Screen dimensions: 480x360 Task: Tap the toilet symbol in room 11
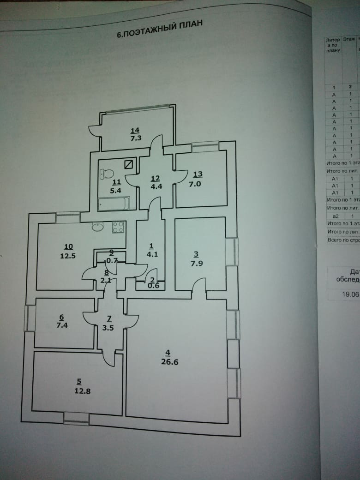click(x=107, y=174)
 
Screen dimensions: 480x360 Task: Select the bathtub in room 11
click(x=114, y=203)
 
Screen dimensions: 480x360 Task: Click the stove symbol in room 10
click(x=118, y=227)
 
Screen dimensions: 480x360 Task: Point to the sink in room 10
click(x=98, y=227)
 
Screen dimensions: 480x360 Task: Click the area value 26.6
click(x=170, y=362)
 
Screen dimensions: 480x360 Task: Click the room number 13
click(x=198, y=174)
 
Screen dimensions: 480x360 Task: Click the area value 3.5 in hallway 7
click(x=109, y=327)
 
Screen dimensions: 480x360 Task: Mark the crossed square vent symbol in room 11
click(x=130, y=164)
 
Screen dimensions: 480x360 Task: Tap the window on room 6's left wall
click(x=30, y=318)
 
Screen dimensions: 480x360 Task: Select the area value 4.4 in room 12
click(x=155, y=187)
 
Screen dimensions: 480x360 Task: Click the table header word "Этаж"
click(x=349, y=40)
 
